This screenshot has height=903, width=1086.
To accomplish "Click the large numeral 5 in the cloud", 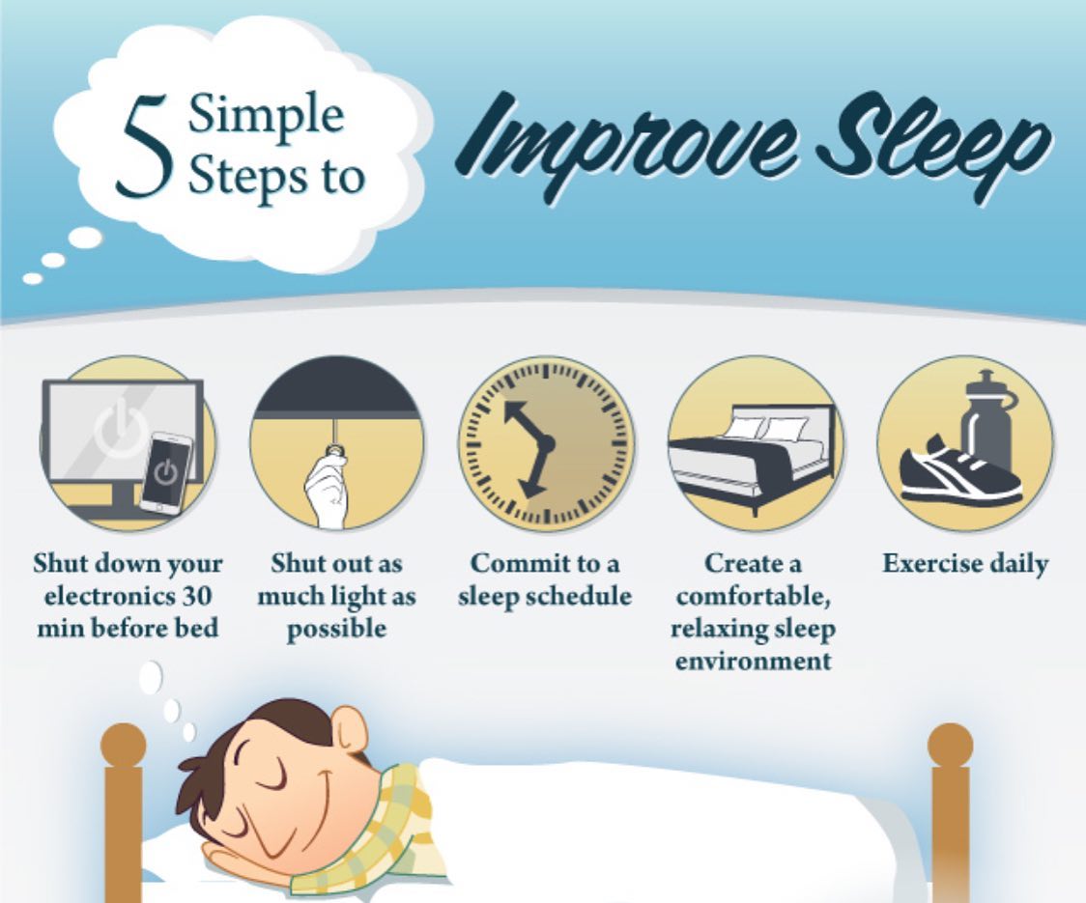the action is click(x=145, y=146).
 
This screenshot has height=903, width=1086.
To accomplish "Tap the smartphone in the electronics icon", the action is click(x=166, y=472).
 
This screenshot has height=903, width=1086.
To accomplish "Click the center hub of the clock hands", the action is click(x=545, y=444).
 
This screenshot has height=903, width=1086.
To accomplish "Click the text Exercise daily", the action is click(x=965, y=564).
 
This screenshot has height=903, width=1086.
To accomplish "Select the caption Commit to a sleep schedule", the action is click(x=545, y=579).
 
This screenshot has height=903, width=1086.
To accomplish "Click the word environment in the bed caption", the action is click(x=754, y=662).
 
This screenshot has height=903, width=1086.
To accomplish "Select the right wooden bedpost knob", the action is click(x=951, y=746).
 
